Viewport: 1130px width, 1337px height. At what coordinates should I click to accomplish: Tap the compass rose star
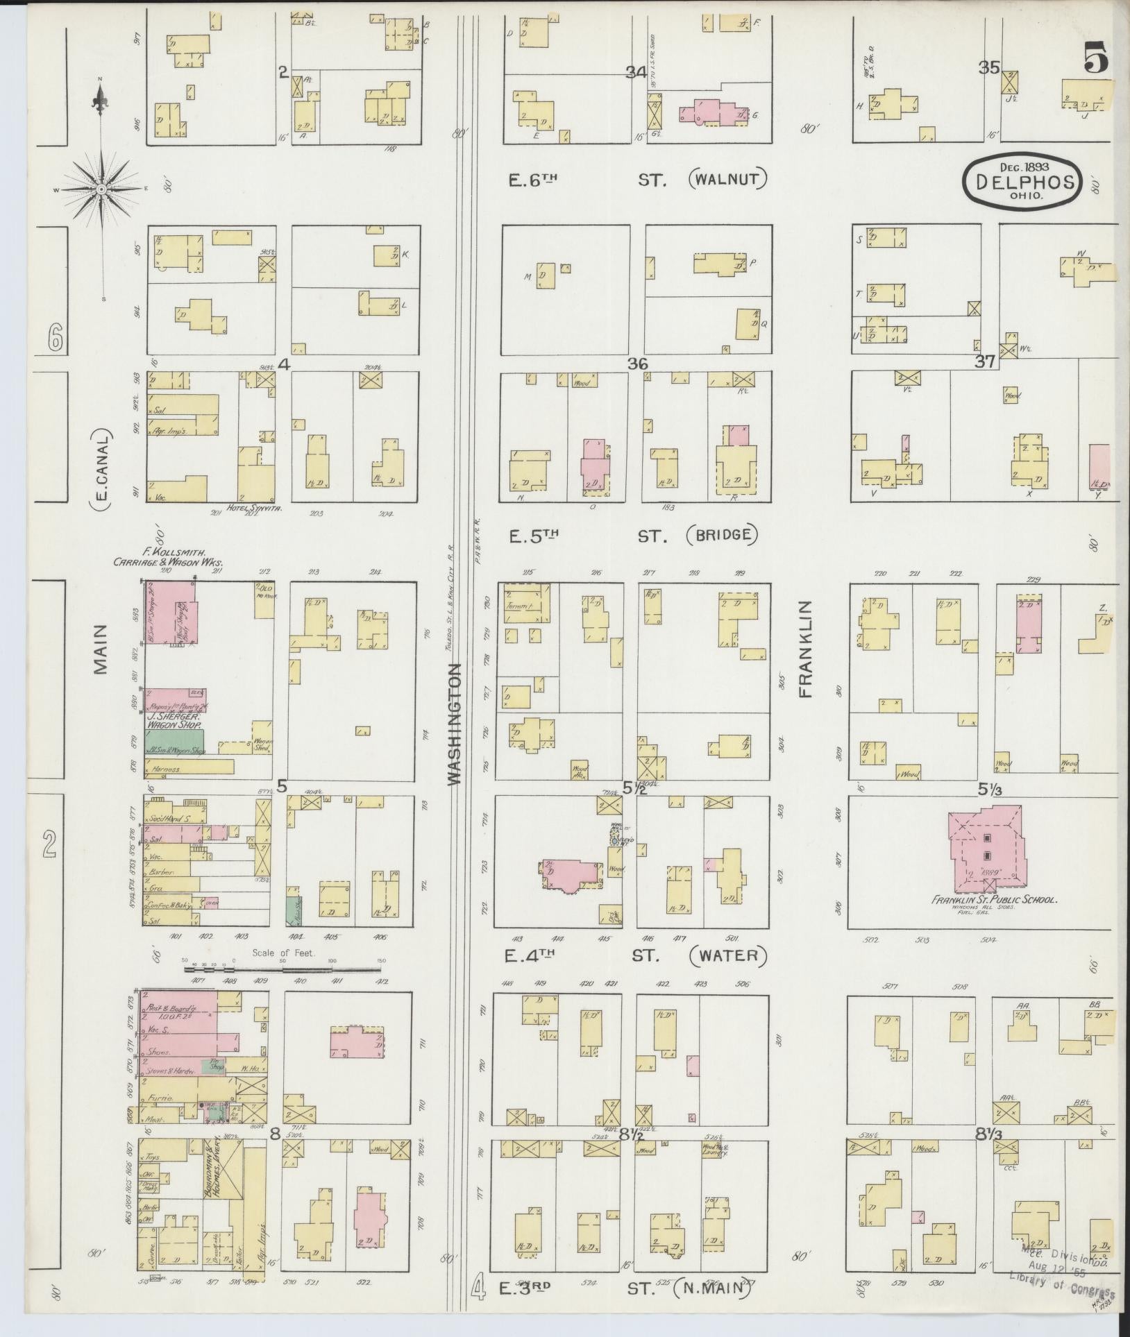102,189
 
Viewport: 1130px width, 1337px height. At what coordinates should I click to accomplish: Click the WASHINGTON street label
455,725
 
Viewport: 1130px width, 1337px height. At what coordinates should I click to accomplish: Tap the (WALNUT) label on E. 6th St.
729,180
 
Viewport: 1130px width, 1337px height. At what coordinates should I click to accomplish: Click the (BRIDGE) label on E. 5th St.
722,534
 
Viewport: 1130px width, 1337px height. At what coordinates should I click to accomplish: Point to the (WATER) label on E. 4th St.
729,955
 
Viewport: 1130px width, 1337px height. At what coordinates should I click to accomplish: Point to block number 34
635,71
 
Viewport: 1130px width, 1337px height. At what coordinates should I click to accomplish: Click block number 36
637,364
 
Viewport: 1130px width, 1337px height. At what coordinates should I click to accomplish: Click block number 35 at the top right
989,67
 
